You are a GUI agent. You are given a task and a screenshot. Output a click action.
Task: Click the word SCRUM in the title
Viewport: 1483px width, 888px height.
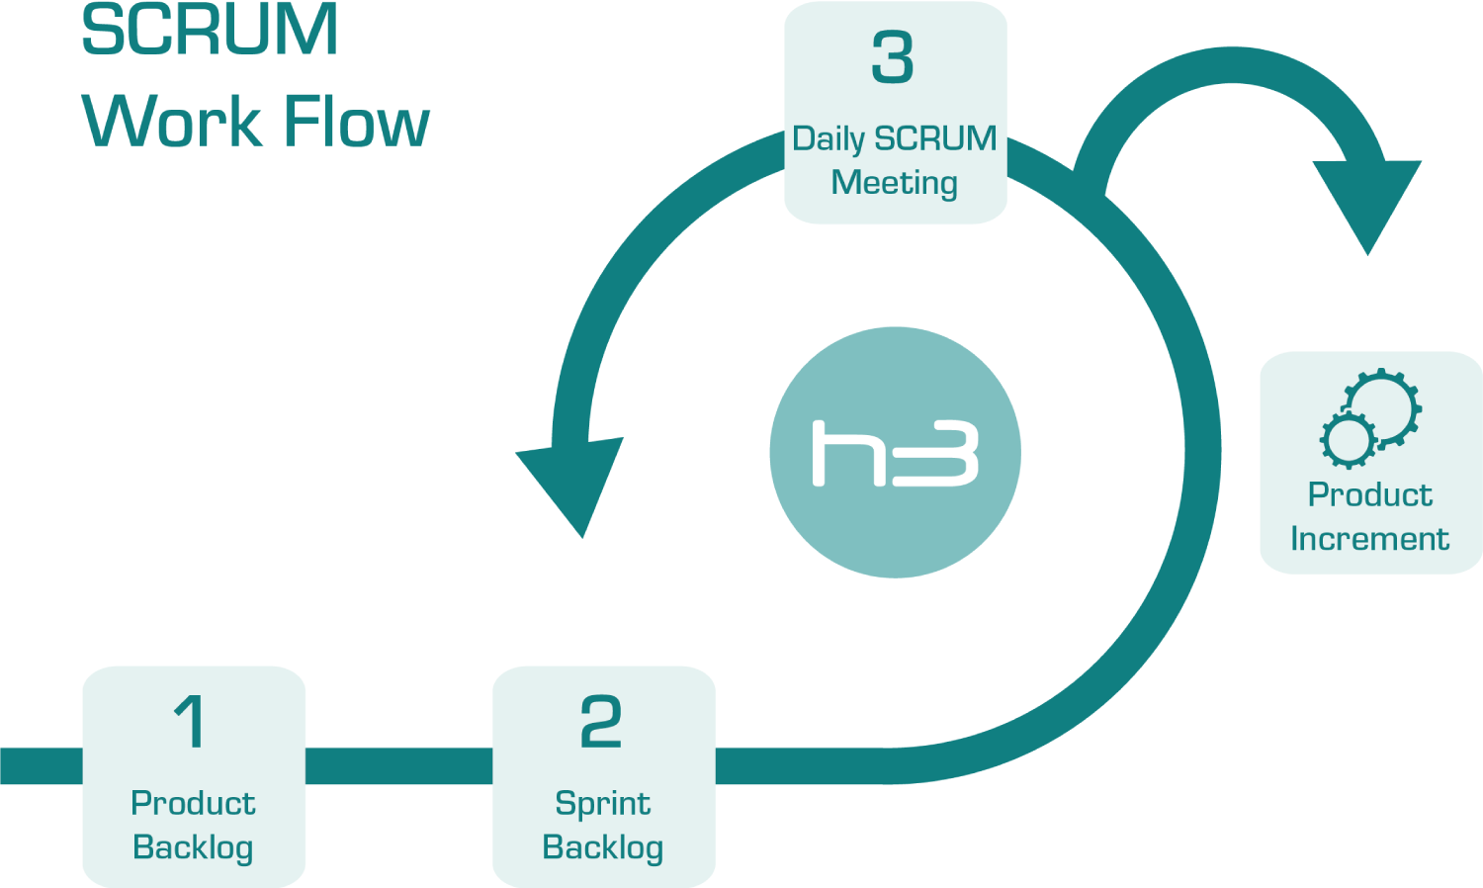point(210,30)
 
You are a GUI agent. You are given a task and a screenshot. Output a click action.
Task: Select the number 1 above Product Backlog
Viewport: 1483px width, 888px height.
point(190,721)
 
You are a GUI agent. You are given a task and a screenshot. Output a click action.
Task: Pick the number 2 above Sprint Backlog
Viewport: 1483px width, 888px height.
point(601,721)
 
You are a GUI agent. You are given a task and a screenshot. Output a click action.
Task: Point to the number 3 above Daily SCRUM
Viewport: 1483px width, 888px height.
point(893,57)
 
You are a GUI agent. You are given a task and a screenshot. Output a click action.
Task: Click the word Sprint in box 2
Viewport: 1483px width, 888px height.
point(603,804)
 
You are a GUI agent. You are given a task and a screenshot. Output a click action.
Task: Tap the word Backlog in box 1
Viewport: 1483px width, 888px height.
point(193,848)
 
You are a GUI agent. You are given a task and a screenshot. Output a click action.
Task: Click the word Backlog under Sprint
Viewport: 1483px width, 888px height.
point(603,848)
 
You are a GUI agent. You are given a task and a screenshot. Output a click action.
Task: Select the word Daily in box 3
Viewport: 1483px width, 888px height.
point(829,139)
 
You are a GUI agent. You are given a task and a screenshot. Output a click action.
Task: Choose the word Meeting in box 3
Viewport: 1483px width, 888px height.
point(895,183)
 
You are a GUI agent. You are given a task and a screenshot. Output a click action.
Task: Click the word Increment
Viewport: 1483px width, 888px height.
point(1369,539)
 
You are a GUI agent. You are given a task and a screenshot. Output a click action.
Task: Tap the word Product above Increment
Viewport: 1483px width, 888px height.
point(1369,494)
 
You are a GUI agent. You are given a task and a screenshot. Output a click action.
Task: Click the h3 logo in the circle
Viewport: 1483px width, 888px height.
point(895,453)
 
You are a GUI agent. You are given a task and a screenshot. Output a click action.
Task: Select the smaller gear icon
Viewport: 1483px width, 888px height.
point(1347,439)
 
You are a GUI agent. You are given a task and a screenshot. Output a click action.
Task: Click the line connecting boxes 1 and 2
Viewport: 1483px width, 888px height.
point(398,765)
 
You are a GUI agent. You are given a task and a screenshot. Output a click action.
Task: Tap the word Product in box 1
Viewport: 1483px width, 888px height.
point(193,804)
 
